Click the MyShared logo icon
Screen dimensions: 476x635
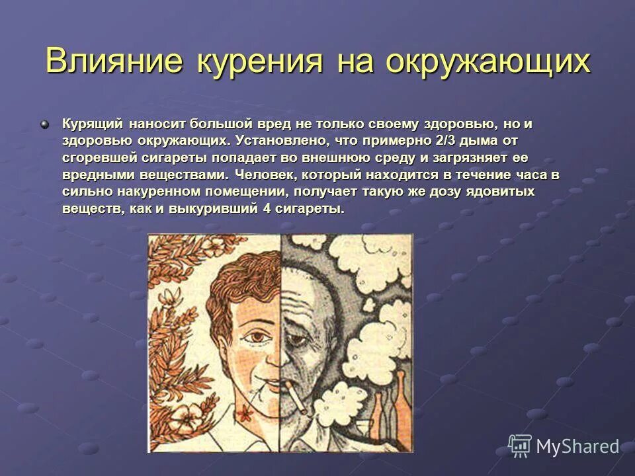tap(520, 446)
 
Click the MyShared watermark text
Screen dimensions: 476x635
tap(577, 447)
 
